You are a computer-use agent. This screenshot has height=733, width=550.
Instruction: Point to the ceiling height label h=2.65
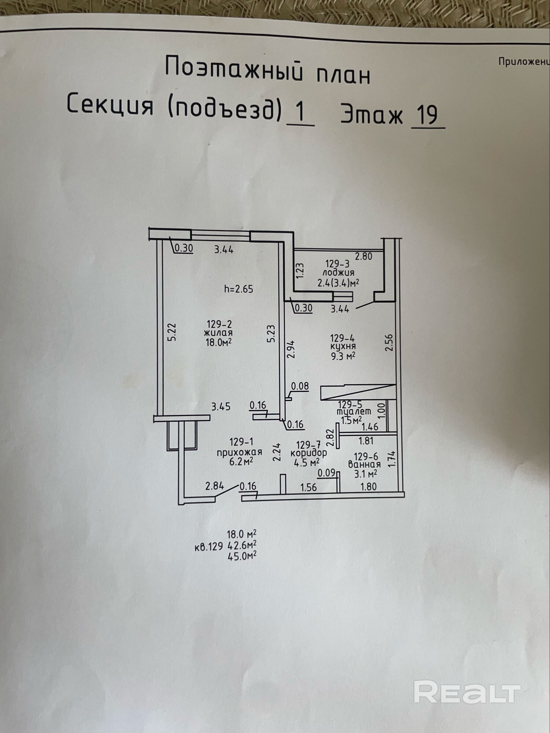tap(239, 289)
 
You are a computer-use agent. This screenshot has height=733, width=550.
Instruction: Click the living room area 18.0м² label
tap(219, 342)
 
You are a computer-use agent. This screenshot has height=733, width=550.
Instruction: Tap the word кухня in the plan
tap(342, 346)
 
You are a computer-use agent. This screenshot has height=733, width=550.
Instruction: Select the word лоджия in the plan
tap(338, 273)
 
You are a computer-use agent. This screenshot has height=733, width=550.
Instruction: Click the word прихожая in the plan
tap(239, 452)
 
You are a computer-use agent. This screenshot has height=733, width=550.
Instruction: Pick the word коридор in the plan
tap(308, 454)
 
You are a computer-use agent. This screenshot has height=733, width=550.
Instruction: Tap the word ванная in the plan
tap(364, 465)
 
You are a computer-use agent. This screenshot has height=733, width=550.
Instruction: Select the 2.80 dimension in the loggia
tap(363, 256)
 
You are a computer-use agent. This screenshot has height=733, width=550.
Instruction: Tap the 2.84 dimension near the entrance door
tap(214, 486)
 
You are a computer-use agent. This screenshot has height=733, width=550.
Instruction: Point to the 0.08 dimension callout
tap(300, 386)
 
